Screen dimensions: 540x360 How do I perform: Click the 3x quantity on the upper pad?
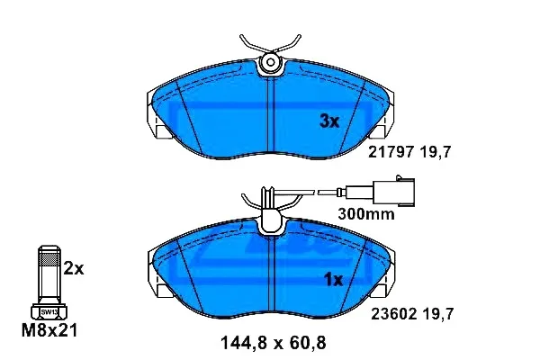(329, 121)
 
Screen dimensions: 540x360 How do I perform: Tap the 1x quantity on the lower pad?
(334, 280)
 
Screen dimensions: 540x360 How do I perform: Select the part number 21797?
(391, 151)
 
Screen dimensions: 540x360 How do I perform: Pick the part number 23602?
(393, 314)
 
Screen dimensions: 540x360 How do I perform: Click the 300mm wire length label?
(366, 214)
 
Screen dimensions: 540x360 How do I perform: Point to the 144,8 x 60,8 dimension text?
(273, 343)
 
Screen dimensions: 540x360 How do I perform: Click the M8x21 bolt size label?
(49, 330)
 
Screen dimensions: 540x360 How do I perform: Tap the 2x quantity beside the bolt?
(74, 269)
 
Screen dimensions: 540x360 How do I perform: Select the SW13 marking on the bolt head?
(49, 312)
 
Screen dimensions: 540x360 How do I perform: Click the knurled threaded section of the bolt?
(49, 258)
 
